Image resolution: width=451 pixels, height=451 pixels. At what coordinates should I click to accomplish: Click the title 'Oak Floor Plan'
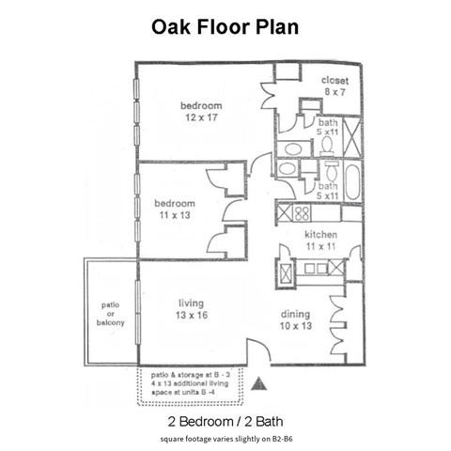coord(225,27)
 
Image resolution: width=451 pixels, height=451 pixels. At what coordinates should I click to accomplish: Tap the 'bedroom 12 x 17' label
coord(201,111)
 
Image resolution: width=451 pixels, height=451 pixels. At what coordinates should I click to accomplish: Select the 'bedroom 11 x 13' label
coord(175,209)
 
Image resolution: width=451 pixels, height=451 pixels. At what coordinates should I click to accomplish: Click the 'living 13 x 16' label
coord(193,309)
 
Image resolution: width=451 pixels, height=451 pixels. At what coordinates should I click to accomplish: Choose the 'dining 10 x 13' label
coord(296,319)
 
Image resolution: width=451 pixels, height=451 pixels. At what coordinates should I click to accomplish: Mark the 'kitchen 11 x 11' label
coord(319,239)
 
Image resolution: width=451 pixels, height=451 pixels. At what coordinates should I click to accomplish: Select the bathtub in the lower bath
coord(352,180)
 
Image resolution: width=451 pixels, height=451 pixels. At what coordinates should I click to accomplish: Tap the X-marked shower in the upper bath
coord(352,137)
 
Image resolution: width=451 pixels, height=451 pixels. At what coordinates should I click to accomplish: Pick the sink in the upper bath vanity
coord(291,148)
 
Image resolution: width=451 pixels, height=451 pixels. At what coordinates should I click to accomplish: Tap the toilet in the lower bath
coord(331,170)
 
